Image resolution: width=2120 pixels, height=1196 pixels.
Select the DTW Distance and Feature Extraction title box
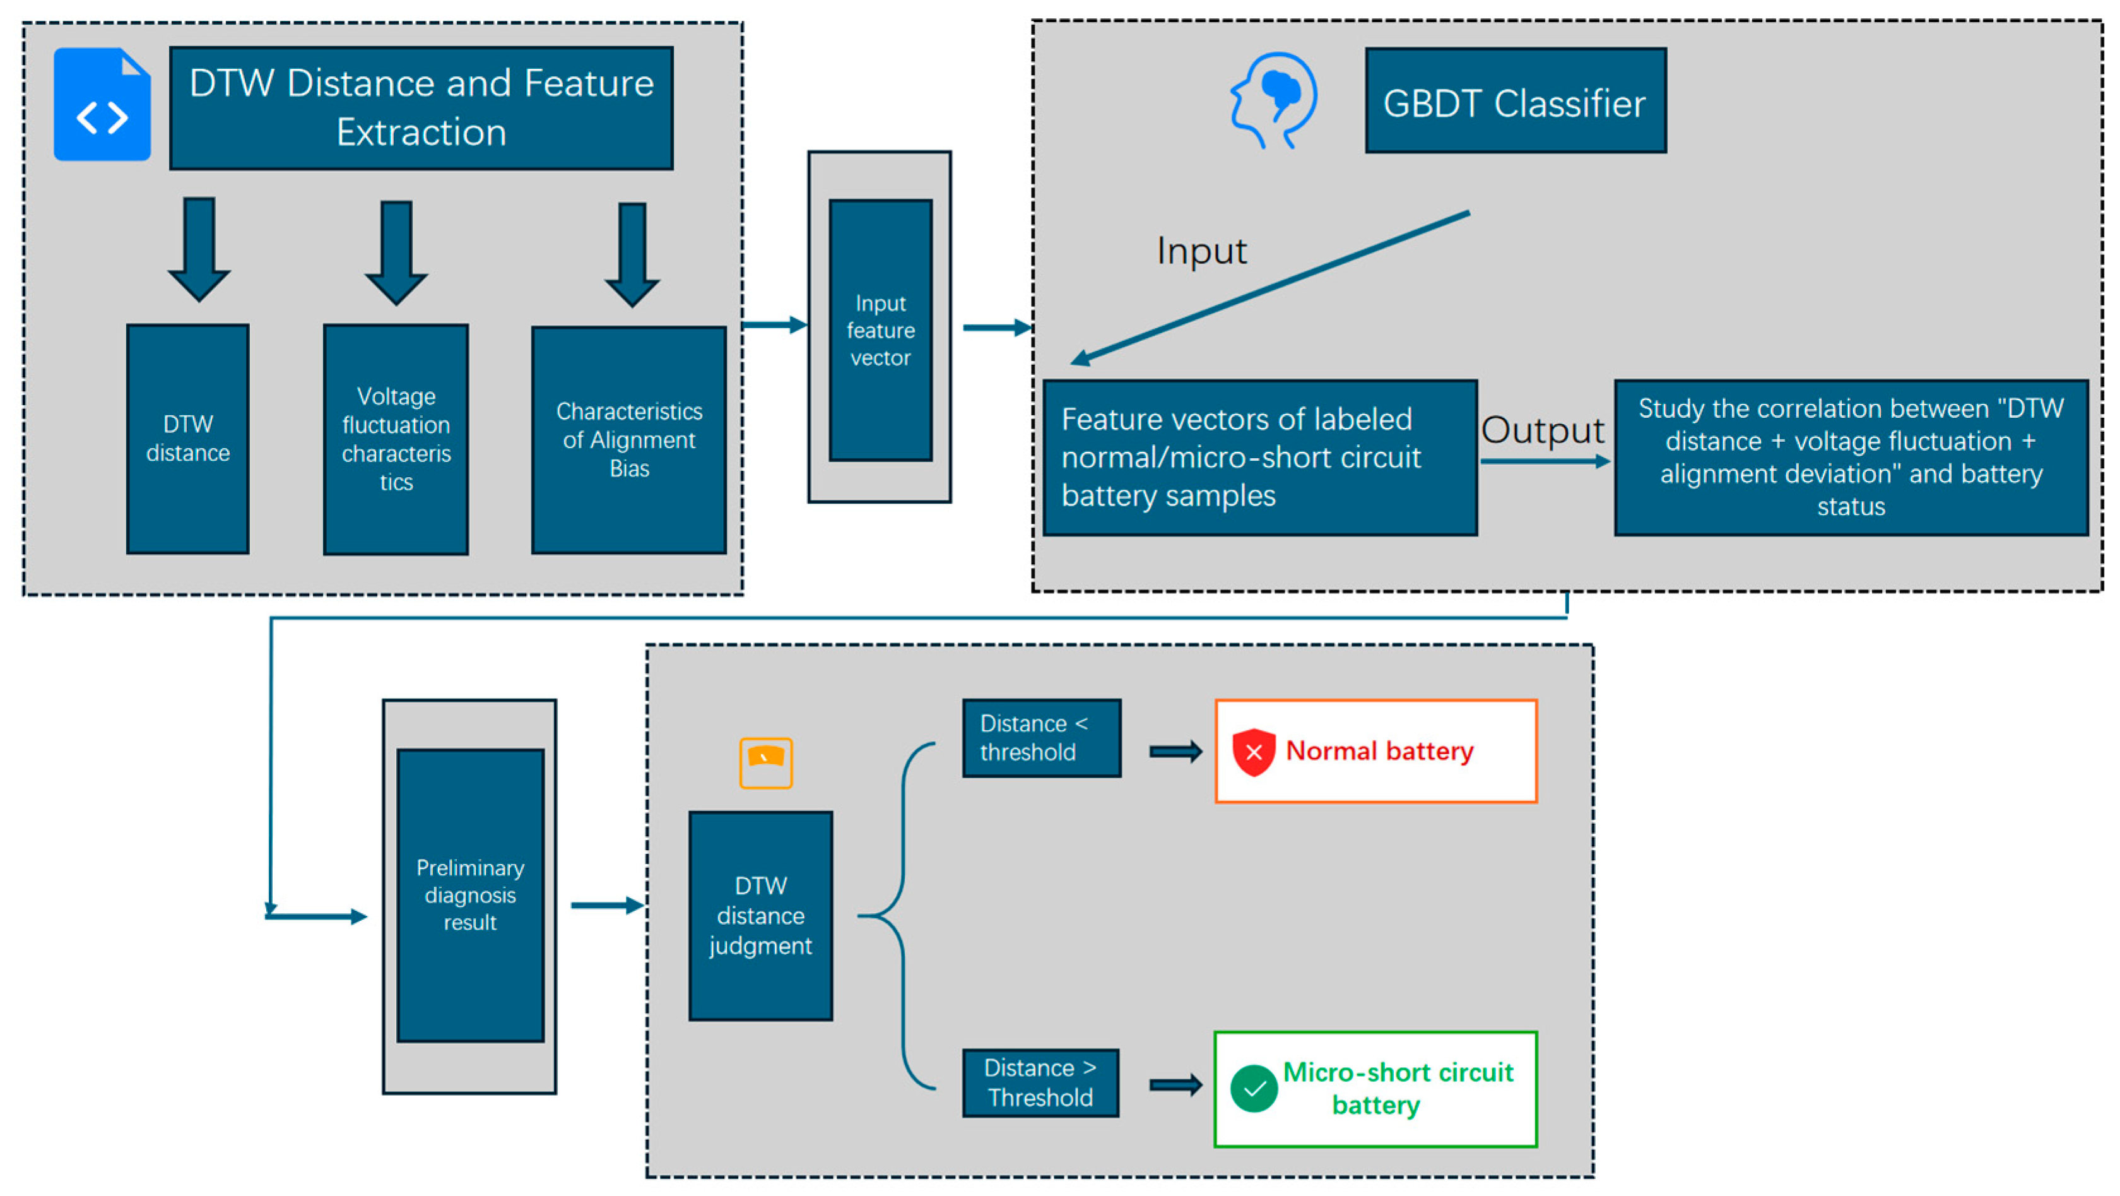[x=421, y=108]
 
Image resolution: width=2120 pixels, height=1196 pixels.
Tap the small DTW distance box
[x=187, y=439]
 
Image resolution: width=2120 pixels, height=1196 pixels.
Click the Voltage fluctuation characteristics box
[x=396, y=439]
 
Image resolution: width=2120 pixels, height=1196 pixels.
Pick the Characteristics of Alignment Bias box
[x=629, y=439]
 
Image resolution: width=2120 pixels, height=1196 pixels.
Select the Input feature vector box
[x=881, y=330]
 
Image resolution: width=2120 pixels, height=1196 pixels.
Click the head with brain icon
[x=1273, y=100]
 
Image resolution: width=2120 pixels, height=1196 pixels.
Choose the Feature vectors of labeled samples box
[x=1260, y=458]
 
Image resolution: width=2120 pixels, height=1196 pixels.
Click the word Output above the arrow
[x=1542, y=430]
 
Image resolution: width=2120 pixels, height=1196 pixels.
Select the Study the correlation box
[x=1851, y=458]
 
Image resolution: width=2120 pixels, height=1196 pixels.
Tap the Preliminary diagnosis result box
[x=470, y=896]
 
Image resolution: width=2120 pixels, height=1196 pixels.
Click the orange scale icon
[x=765, y=763]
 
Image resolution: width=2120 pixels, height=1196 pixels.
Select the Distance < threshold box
[x=1042, y=738]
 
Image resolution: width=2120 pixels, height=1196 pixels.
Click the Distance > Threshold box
[x=1041, y=1083]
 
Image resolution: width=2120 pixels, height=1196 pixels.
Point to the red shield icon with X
[x=1254, y=752]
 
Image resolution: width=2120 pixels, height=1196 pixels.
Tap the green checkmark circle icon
[x=1254, y=1089]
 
